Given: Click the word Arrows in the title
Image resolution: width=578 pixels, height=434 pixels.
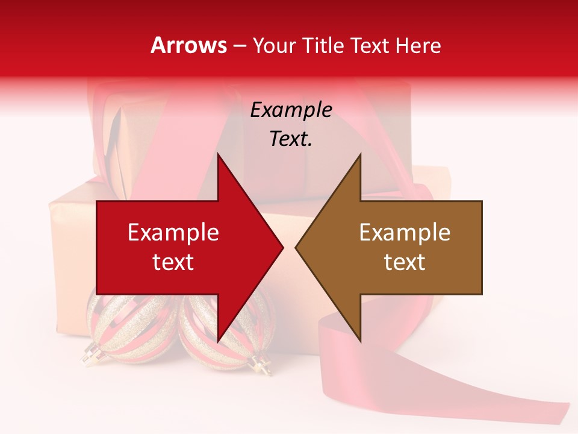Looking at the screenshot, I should [x=189, y=45].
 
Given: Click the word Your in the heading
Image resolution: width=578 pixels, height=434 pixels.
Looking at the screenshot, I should [x=274, y=46].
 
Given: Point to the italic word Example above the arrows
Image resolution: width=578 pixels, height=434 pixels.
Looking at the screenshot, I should [x=291, y=110].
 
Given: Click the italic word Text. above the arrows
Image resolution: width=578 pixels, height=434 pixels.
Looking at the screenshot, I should [x=291, y=139].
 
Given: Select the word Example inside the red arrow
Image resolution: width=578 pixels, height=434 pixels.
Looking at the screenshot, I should [x=173, y=233].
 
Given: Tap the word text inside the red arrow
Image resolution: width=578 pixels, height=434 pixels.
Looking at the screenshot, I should [x=173, y=262].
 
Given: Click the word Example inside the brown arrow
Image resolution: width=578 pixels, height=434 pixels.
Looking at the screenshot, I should [x=405, y=233].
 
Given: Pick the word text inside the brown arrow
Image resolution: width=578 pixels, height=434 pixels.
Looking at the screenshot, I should [x=405, y=262].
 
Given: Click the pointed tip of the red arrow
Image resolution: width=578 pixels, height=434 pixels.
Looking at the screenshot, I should [x=282, y=247].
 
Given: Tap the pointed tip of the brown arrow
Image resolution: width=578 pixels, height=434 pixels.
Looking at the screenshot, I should [x=297, y=247].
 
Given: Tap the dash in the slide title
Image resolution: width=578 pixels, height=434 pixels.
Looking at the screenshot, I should [x=239, y=46].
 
